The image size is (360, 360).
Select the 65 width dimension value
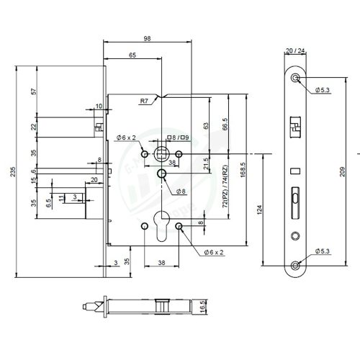tap(133, 55)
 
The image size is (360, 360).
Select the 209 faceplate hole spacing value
tap(342, 172)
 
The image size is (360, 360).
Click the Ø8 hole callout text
tap(181, 191)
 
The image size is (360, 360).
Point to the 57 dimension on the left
tap(33, 93)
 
